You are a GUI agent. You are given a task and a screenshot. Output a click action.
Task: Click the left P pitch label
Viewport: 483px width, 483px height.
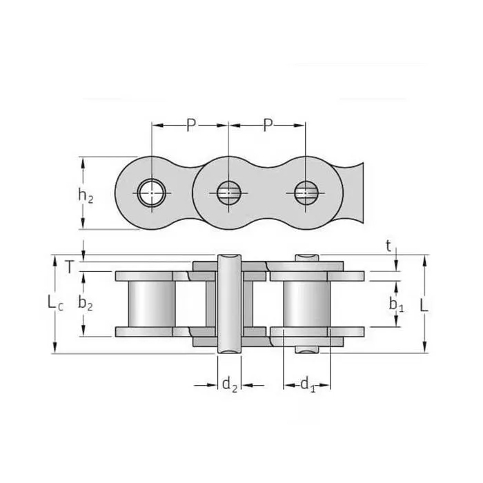pyautogui.click(x=191, y=125)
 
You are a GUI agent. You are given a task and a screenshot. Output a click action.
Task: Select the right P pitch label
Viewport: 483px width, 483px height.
pyautogui.click(x=268, y=125)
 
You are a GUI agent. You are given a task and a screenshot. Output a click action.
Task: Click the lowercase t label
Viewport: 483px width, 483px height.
pyautogui.click(x=388, y=245)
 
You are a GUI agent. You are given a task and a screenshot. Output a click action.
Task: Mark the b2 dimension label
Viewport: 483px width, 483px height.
pyautogui.click(x=86, y=302)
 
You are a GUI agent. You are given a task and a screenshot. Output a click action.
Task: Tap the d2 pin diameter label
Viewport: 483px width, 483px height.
pyautogui.click(x=229, y=385)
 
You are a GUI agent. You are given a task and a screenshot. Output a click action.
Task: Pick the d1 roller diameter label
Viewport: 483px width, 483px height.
pyautogui.click(x=307, y=385)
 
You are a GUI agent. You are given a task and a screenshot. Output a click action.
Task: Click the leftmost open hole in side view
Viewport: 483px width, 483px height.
pyautogui.click(x=150, y=193)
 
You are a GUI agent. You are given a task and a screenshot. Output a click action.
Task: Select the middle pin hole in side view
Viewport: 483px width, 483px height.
pyautogui.click(x=227, y=193)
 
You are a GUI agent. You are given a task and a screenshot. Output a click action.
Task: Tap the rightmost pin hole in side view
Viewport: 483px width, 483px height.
pyautogui.click(x=304, y=193)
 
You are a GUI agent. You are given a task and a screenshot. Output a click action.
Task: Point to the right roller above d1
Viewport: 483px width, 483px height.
pyautogui.click(x=307, y=304)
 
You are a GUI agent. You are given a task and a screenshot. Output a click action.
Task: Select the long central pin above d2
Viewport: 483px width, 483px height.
pyautogui.click(x=230, y=304)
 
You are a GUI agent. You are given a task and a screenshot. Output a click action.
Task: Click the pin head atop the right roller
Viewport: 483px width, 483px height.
pyautogui.click(x=307, y=258)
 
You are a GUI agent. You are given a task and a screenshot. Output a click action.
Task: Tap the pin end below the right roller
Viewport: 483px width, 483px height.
pyautogui.click(x=307, y=349)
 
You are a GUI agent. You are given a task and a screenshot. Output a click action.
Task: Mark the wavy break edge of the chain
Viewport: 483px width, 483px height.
pyautogui.click(x=358, y=193)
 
